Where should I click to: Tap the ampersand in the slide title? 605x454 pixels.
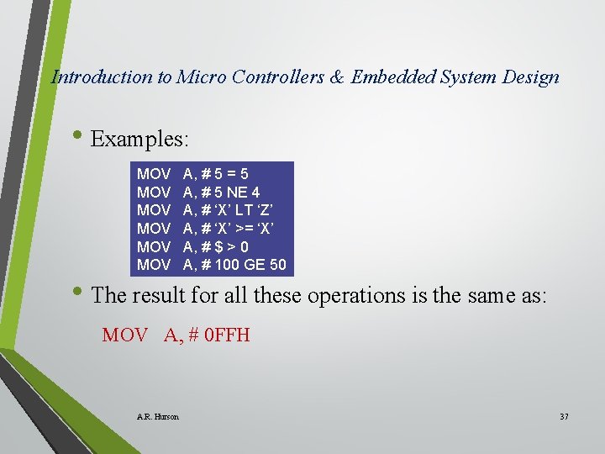[337, 77]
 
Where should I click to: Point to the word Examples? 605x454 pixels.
[140, 139]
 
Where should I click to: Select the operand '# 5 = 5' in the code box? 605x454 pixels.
[224, 175]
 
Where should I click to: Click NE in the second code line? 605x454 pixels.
[238, 193]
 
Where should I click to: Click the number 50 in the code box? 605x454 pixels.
[277, 265]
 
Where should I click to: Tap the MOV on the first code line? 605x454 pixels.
[154, 175]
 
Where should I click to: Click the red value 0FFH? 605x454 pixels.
[225, 335]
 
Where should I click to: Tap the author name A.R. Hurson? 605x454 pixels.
[157, 416]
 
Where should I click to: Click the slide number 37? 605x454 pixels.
[564, 416]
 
